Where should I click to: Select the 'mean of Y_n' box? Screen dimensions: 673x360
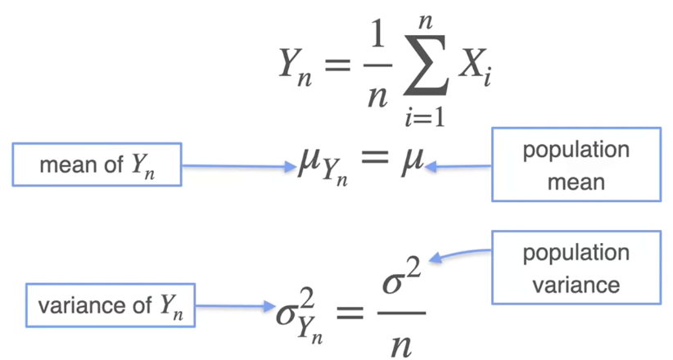coord(97,164)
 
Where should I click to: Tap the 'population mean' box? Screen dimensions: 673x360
coord(576,164)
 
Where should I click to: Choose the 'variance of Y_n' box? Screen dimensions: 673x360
coord(111,305)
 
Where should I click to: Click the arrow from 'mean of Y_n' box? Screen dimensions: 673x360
coord(237,165)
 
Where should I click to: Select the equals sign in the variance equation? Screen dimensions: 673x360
coord(350,313)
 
